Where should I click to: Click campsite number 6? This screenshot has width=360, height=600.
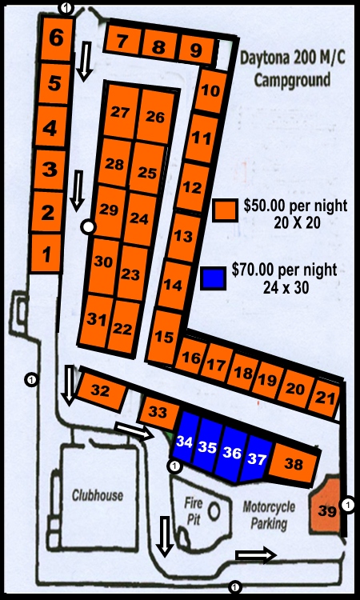[56, 37]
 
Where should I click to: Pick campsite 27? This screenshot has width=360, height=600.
[120, 111]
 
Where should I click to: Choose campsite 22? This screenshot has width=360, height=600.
[122, 329]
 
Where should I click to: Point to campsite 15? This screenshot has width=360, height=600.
[164, 338]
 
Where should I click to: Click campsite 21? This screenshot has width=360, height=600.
[324, 396]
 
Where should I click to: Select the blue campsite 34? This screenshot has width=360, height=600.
[185, 442]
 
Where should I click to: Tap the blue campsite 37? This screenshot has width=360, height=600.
[256, 459]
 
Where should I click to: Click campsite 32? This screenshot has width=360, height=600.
[101, 391]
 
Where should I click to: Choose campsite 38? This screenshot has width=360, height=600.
[294, 464]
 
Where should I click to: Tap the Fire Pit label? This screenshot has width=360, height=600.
[194, 511]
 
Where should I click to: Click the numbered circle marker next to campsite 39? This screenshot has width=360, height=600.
[348, 504]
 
